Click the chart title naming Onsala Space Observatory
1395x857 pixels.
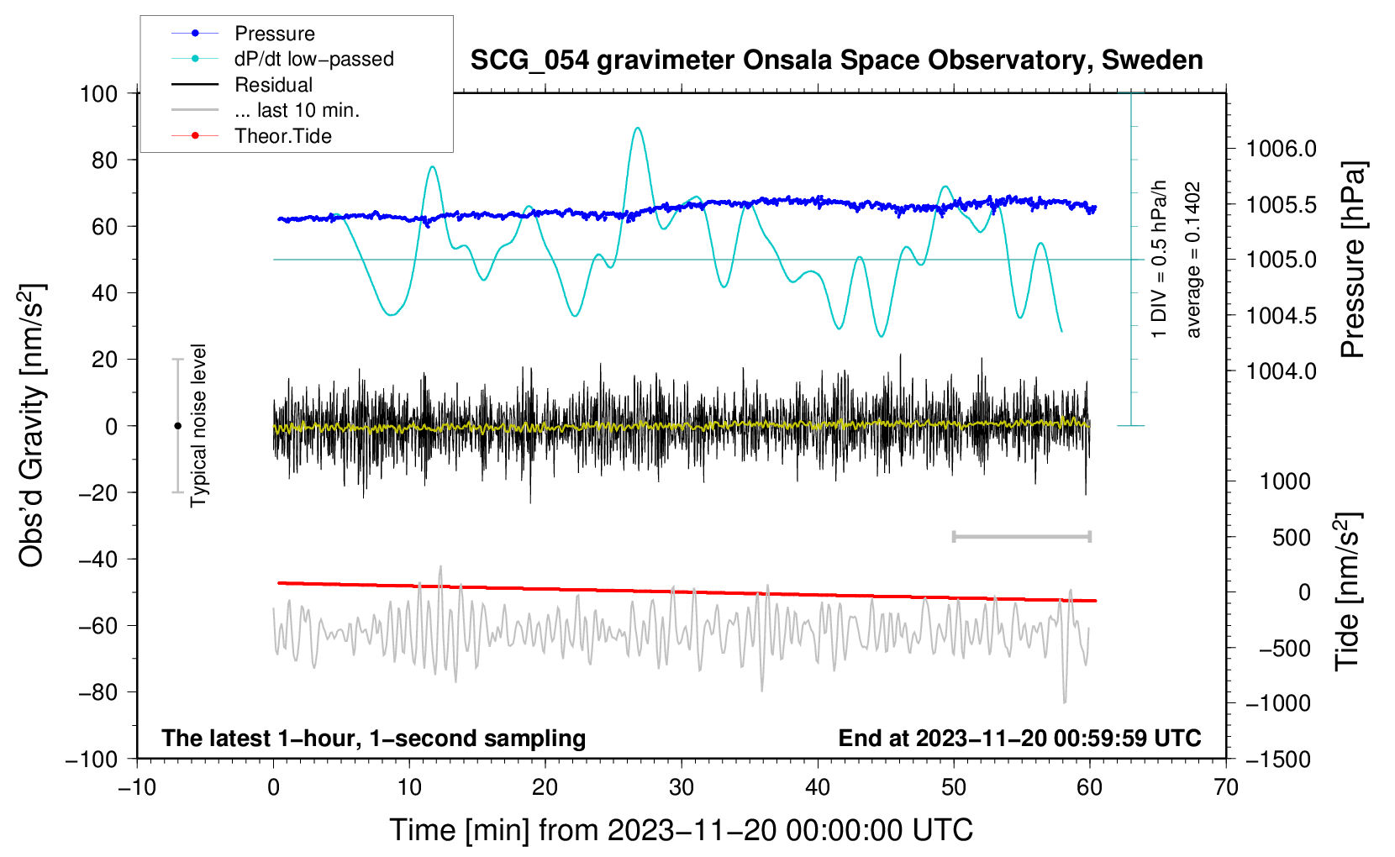click(x=836, y=60)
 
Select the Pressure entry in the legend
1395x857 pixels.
click(x=274, y=34)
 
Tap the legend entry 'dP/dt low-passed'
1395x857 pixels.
click(x=313, y=59)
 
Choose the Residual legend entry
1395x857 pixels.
click(x=273, y=85)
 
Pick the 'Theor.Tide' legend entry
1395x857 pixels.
click(x=282, y=136)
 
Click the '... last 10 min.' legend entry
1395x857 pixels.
click(x=297, y=110)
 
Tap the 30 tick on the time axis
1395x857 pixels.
click(x=682, y=787)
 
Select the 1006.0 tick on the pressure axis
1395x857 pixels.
click(x=1281, y=149)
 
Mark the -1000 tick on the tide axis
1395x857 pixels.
click(x=1277, y=703)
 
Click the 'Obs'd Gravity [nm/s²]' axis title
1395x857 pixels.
click(x=32, y=425)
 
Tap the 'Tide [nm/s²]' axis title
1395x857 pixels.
click(x=1346, y=591)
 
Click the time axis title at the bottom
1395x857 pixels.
click(x=682, y=830)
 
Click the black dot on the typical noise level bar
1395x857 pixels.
click(x=177, y=426)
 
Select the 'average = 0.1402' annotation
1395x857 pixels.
click(x=1192, y=260)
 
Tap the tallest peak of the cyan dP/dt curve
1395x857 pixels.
click(x=638, y=129)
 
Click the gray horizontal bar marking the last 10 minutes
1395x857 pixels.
click(x=1021, y=536)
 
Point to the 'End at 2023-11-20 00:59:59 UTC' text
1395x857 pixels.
click(x=1019, y=738)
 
